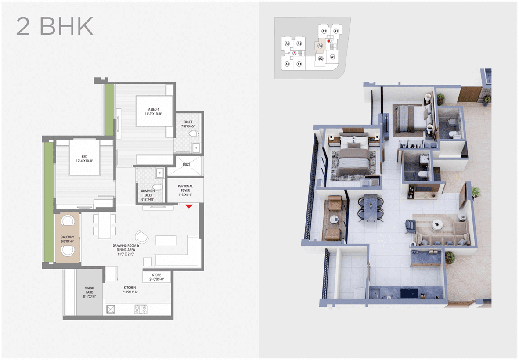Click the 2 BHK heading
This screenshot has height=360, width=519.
55,26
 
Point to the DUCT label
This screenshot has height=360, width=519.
187,164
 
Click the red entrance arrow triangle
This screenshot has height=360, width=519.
189,206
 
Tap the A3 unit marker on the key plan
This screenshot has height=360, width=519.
336,31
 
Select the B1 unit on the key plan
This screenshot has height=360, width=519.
320,46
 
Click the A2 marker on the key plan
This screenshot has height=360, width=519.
321,58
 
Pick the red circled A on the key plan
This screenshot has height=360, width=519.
294,53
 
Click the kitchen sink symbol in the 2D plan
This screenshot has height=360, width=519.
111,310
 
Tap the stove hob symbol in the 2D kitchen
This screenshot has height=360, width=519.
141,310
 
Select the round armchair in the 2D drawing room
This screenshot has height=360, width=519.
142,237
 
